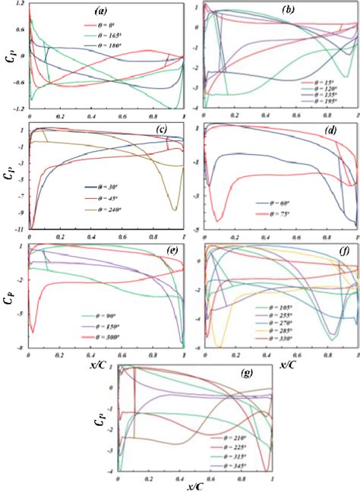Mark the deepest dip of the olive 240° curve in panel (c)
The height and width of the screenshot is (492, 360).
click(x=175, y=210)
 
